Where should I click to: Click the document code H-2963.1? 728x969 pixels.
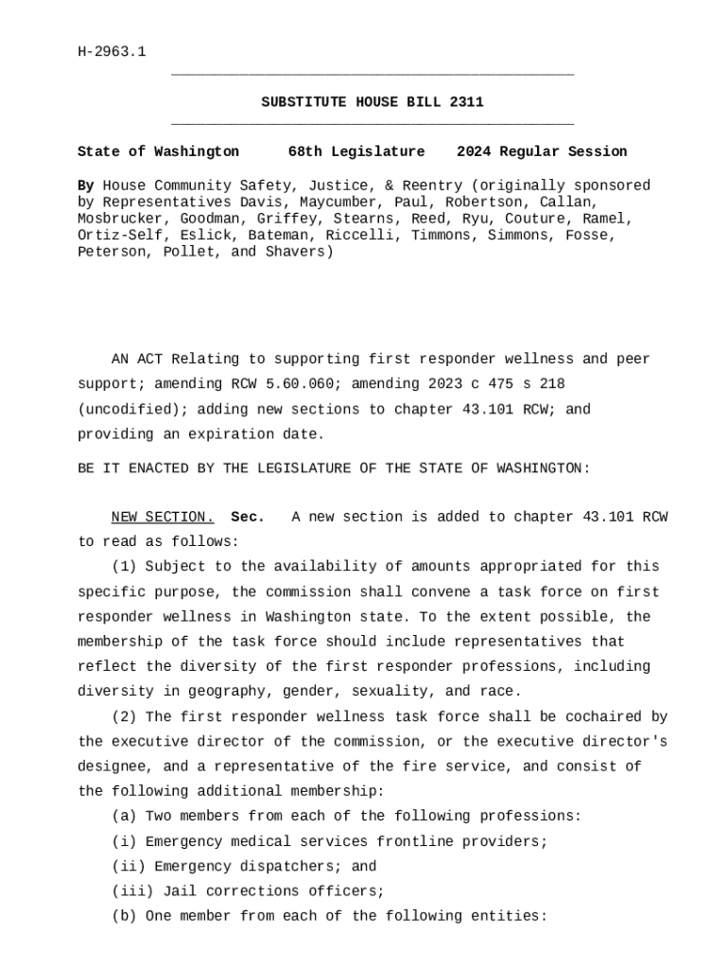point(112,52)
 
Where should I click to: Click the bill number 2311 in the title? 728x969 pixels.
point(466,102)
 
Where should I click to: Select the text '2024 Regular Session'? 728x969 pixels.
point(542,151)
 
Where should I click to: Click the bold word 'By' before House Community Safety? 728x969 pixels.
point(85,185)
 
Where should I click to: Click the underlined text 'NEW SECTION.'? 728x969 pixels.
point(163,518)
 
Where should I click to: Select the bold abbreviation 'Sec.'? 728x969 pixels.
point(248,518)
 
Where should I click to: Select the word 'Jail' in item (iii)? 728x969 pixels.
point(180,891)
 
